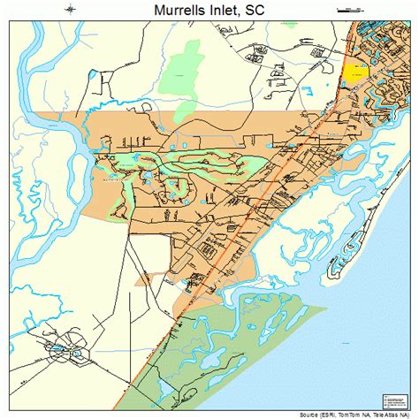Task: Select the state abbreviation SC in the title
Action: point(255,11)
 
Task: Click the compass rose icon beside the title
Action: point(70,11)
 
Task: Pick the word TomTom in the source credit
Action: point(357,414)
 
